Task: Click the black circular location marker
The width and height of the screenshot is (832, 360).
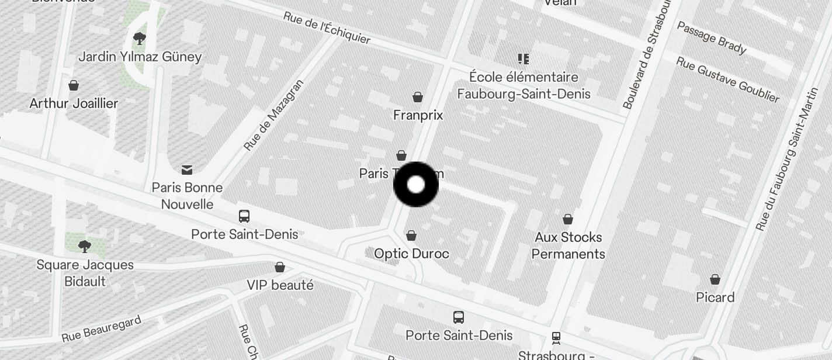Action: click(415, 185)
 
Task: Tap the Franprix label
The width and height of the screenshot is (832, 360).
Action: click(418, 115)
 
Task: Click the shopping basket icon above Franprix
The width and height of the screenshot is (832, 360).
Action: click(418, 97)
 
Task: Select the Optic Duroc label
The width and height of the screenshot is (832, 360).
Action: click(411, 254)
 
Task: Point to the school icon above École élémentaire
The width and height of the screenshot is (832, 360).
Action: click(523, 59)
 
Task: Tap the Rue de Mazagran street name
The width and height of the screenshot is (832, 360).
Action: click(273, 116)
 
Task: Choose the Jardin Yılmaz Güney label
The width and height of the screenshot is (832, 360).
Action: click(140, 57)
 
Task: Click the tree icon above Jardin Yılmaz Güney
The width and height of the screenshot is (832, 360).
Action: click(139, 39)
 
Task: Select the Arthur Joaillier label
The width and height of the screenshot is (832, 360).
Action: click(74, 103)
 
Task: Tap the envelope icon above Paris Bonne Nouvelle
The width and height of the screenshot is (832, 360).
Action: click(187, 170)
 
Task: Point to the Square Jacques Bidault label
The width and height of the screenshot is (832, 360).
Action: click(85, 273)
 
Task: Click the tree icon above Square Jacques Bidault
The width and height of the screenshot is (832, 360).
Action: click(85, 246)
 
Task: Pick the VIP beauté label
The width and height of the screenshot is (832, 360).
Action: click(280, 285)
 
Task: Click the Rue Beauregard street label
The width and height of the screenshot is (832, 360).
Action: click(101, 329)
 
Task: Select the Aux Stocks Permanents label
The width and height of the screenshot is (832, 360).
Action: click(568, 245)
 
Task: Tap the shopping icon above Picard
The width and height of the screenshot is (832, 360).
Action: click(715, 279)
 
